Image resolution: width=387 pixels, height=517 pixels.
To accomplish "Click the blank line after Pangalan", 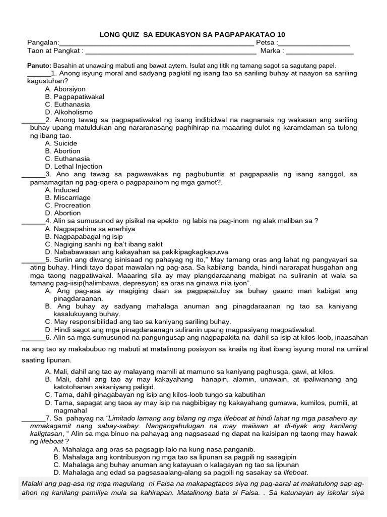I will click(156, 44).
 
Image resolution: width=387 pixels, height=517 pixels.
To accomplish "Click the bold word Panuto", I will click(39, 66).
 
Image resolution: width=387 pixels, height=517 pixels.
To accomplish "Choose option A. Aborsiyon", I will click(65, 89).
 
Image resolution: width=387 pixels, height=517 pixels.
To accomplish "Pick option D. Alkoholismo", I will click(69, 112).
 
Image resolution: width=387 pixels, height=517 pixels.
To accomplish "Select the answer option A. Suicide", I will click(61, 143).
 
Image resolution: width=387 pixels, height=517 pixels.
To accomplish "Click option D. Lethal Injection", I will click(74, 166).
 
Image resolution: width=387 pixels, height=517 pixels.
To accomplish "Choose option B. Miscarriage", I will click(68, 197).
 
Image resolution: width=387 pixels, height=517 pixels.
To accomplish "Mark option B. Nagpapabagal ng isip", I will click(84, 236).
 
